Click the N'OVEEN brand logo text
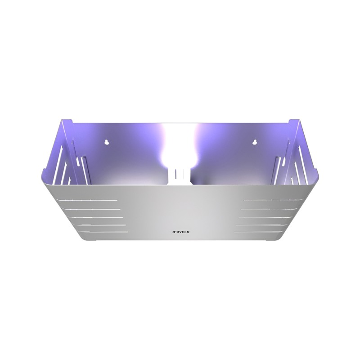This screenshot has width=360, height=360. pos(181,232)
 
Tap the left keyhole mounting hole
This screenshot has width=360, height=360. pos(106,142)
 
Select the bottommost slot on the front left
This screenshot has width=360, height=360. pos(103,232)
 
